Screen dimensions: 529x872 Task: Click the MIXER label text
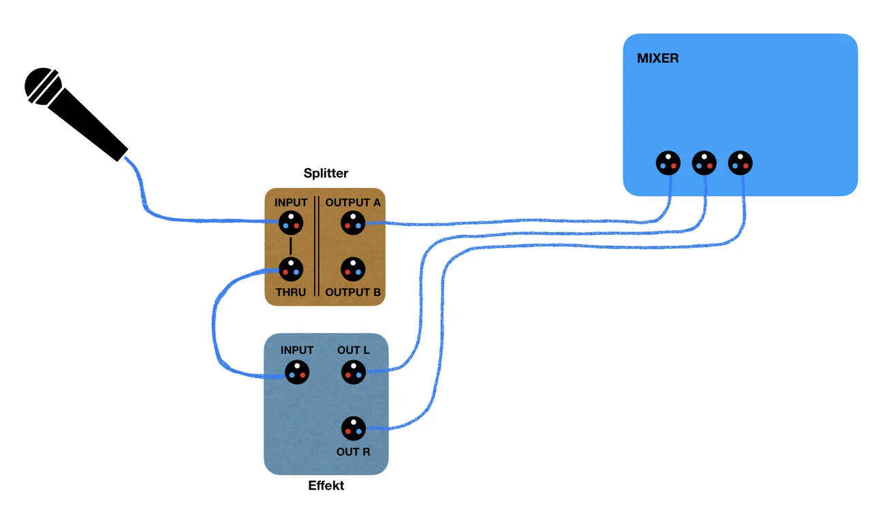[657, 59]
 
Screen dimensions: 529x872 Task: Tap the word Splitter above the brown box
[326, 174]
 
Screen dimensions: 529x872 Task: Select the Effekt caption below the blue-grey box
[326, 485]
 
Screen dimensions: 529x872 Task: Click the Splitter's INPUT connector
[291, 222]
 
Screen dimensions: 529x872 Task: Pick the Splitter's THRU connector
[291, 270]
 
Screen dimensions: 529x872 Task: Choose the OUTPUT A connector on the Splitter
[353, 222]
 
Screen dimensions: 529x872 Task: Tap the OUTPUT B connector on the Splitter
[353, 270]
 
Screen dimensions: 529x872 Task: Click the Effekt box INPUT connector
[297, 372]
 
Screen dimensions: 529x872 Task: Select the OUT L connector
[354, 372]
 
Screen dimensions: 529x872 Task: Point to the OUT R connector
[354, 428]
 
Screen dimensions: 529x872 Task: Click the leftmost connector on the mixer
[668, 163]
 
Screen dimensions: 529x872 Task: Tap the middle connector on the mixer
[704, 163]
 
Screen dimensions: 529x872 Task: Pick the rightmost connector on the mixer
[741, 163]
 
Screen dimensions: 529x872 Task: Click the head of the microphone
[43, 86]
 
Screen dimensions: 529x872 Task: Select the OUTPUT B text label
[353, 293]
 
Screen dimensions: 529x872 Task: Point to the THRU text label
[291, 293]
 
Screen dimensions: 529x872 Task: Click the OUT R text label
[353, 451]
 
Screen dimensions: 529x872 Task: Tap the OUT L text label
[354, 350]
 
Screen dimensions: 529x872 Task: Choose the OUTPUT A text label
[353, 202]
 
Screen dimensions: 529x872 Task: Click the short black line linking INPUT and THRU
[291, 246]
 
